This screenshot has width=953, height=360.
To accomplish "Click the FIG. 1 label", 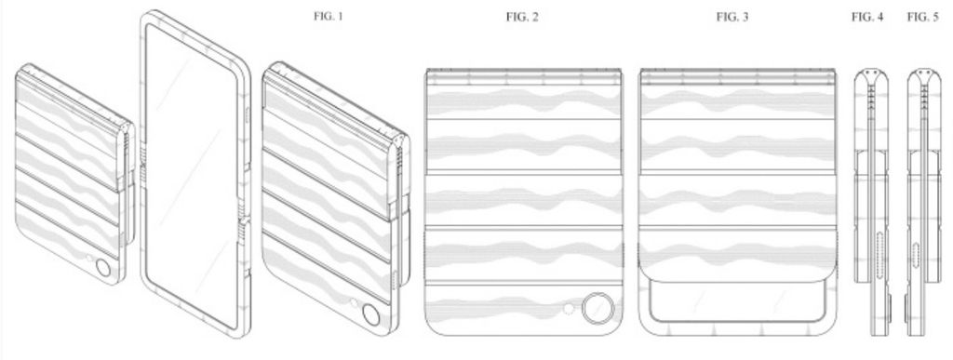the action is tap(329, 17).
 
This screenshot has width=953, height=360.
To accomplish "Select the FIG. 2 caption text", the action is tap(522, 17).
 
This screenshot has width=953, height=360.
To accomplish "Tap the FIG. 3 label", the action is tap(732, 17).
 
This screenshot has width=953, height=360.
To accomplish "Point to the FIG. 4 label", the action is tap(867, 17).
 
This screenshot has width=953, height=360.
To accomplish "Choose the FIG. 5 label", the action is tap(922, 17).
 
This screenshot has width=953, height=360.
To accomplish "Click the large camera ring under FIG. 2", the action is tap(597, 309).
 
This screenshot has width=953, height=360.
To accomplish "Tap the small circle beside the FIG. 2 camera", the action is tap(569, 309).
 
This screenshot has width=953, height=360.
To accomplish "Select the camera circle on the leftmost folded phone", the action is tap(103, 268).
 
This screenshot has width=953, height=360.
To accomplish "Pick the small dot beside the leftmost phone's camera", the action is tap(89, 259).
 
